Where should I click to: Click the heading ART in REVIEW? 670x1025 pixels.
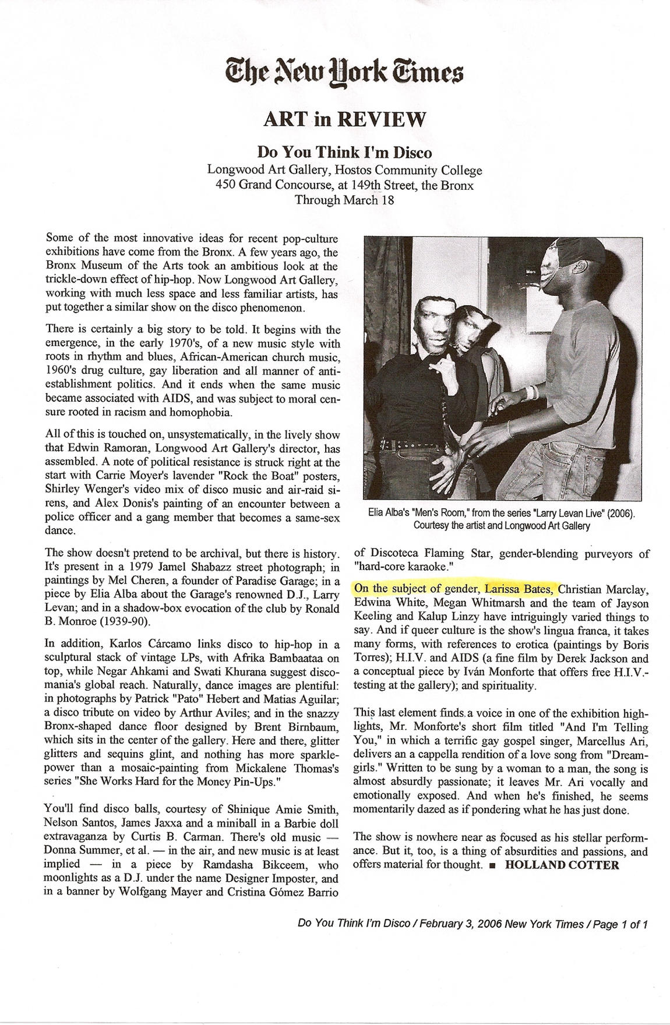344,119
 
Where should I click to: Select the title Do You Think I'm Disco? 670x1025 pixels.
345,153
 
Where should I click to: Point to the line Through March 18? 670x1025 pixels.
344,200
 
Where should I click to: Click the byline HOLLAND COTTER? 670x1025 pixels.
562,864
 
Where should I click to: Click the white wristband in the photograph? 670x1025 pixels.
530,391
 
